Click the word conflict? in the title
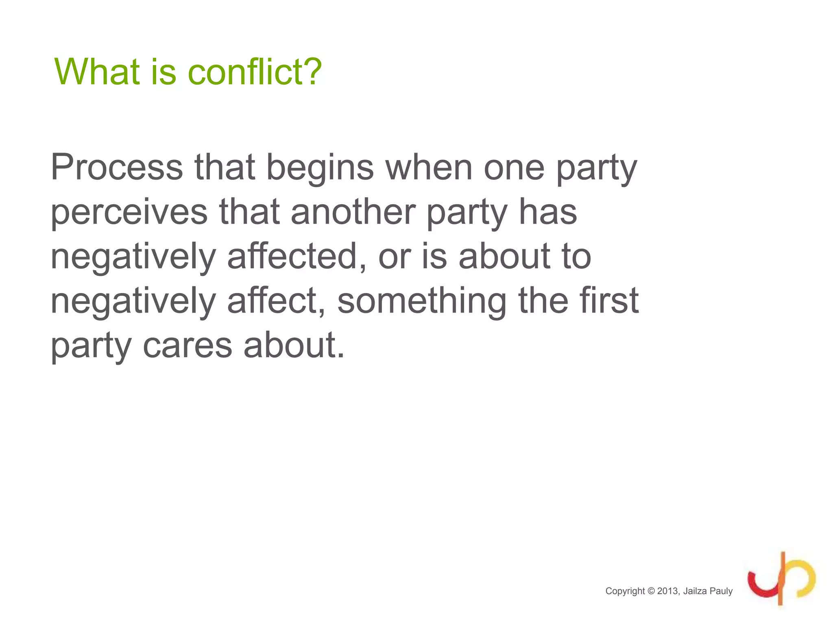(x=255, y=72)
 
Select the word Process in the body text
(x=117, y=167)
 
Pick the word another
(x=353, y=212)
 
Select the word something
(x=422, y=302)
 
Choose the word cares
(x=187, y=346)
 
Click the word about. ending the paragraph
(x=294, y=346)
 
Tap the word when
(x=429, y=167)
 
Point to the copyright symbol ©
(x=651, y=591)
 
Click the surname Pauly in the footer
(x=721, y=591)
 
